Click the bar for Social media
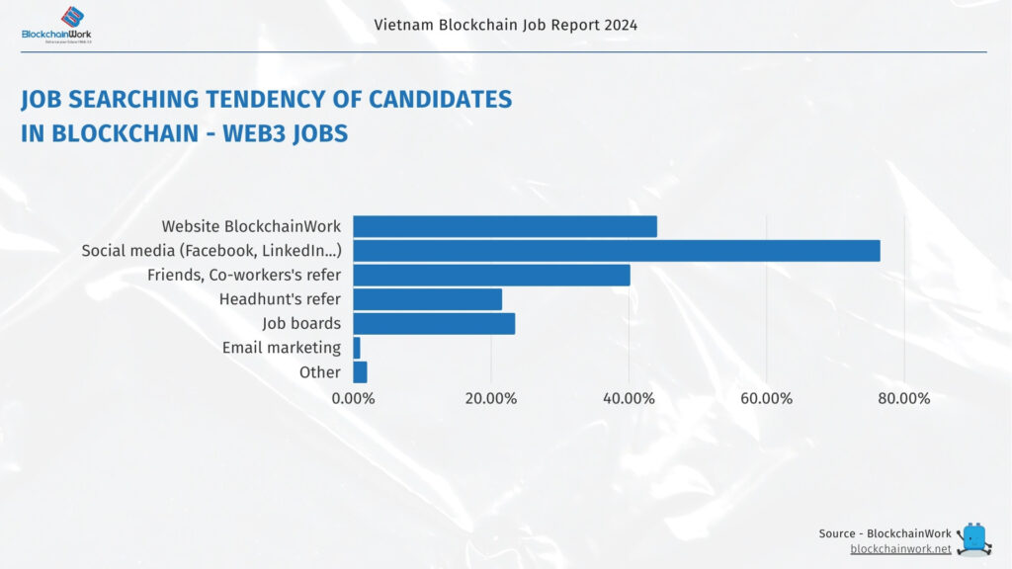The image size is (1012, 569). point(616,251)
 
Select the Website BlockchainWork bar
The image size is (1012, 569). point(504,226)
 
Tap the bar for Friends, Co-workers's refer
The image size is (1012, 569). point(491,275)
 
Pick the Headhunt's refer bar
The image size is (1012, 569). point(427,299)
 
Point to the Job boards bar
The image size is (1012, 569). point(434,323)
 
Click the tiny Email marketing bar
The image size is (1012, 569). point(357,348)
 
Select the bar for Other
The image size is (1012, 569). point(360,372)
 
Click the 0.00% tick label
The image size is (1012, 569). point(353,399)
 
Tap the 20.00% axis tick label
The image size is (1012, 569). point(490,399)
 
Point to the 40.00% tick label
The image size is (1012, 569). point(629,399)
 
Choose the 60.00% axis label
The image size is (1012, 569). point(766,399)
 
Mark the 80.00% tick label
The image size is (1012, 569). point(904,399)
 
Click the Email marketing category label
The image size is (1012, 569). point(281,348)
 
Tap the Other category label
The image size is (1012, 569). point(319,372)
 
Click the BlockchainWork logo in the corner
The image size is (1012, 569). point(57,25)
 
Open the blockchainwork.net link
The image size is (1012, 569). point(900,548)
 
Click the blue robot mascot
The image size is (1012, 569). point(974,538)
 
